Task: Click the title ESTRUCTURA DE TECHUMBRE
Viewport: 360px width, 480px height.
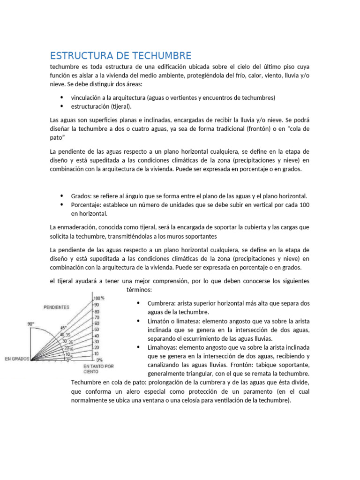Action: (x=120, y=55)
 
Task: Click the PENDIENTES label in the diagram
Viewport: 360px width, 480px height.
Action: (x=56, y=307)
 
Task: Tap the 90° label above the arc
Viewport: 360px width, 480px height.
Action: (x=31, y=323)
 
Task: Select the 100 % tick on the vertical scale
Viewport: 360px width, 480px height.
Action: (x=99, y=298)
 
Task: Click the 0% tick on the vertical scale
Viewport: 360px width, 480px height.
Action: (x=99, y=360)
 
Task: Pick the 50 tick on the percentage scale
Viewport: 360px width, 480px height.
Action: (x=97, y=330)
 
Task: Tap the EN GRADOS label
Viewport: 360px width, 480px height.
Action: (x=17, y=359)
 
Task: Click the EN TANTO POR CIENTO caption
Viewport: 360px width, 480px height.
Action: (x=98, y=368)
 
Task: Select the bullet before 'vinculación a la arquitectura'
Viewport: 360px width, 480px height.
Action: (x=62, y=97)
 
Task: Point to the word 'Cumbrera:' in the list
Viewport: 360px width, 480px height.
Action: (x=161, y=303)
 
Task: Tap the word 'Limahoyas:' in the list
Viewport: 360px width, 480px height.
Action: (x=162, y=347)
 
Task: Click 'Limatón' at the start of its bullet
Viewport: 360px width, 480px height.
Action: (x=159, y=321)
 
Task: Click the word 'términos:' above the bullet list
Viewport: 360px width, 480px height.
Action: (x=139, y=290)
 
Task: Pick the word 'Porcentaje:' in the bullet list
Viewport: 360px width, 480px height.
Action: (x=87, y=205)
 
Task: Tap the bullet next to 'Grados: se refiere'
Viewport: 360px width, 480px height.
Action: (x=62, y=196)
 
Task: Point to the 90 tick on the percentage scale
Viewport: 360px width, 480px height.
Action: (x=97, y=305)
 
